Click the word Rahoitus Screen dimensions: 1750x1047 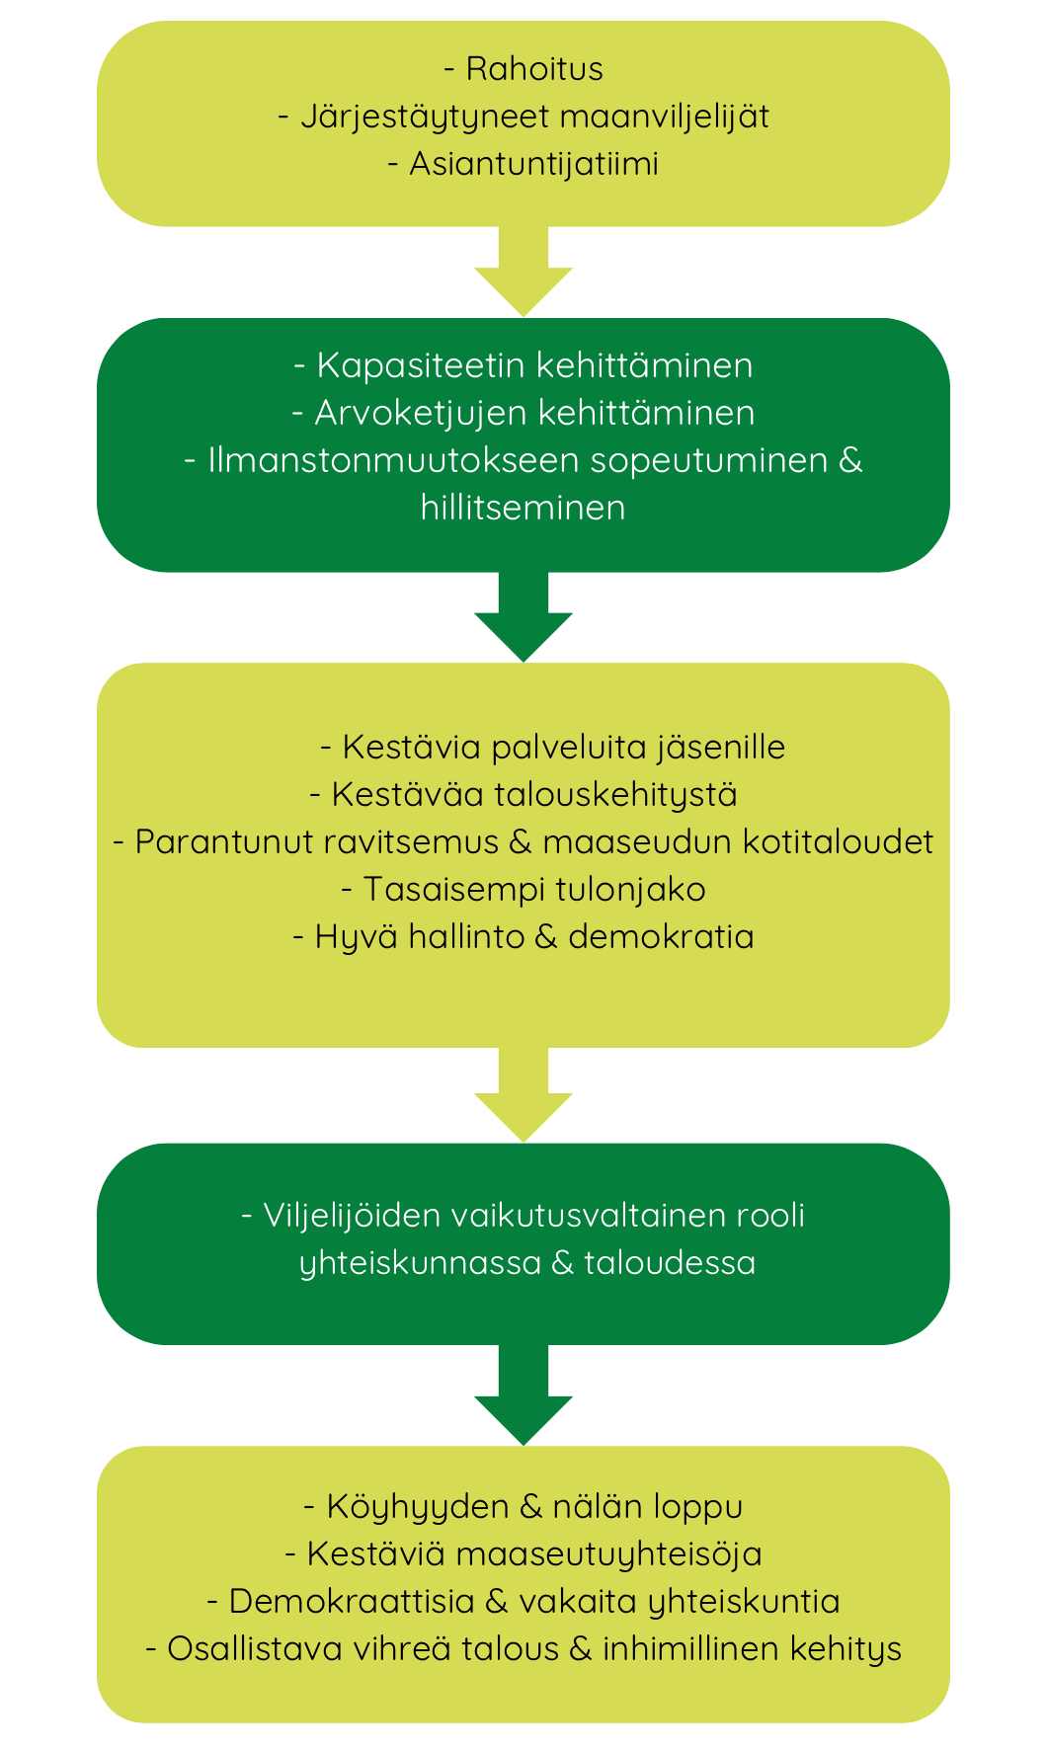(534, 69)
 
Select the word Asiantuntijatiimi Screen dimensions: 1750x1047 (534, 164)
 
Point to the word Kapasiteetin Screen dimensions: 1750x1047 (422, 365)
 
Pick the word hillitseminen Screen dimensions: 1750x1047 (523, 508)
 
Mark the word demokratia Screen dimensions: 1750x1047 (661, 936)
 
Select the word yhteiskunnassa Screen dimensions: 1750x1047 (421, 1263)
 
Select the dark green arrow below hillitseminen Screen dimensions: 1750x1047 (523, 619)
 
